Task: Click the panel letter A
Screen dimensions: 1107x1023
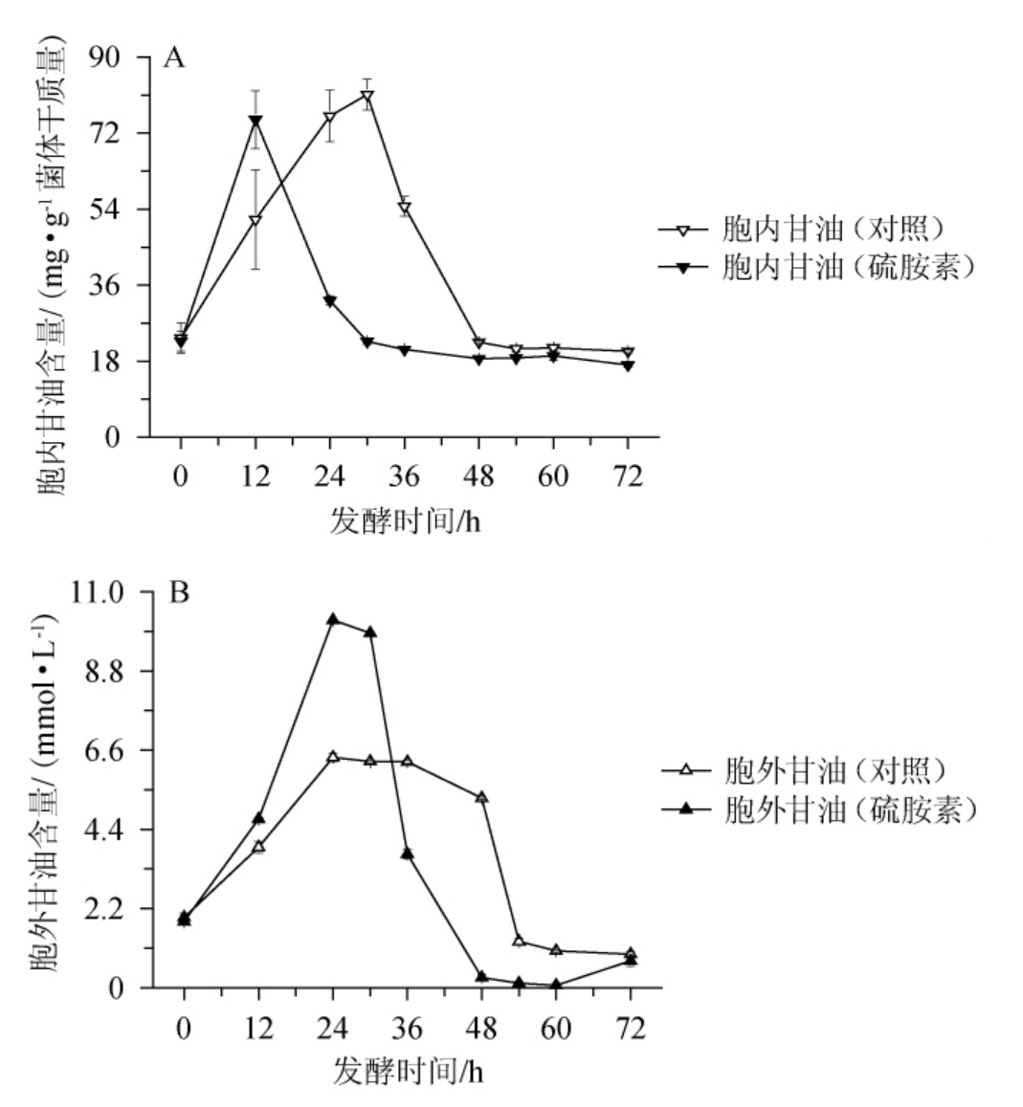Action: (x=174, y=58)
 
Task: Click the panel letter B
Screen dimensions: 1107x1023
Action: (x=178, y=593)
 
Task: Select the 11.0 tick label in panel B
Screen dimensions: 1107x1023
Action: (x=99, y=592)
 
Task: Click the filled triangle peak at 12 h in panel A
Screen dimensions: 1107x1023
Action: (x=256, y=121)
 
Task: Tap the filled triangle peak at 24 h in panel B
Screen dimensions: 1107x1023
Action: (x=333, y=620)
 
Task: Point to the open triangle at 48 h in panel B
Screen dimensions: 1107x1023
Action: (x=481, y=797)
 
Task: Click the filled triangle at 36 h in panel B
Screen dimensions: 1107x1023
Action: (x=407, y=852)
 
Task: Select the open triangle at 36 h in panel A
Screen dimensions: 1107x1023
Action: (x=405, y=209)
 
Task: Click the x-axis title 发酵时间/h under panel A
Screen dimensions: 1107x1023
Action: (x=403, y=521)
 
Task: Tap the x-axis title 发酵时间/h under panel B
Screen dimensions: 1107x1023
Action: (x=407, y=1071)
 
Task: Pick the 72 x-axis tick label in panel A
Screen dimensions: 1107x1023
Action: (x=628, y=476)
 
